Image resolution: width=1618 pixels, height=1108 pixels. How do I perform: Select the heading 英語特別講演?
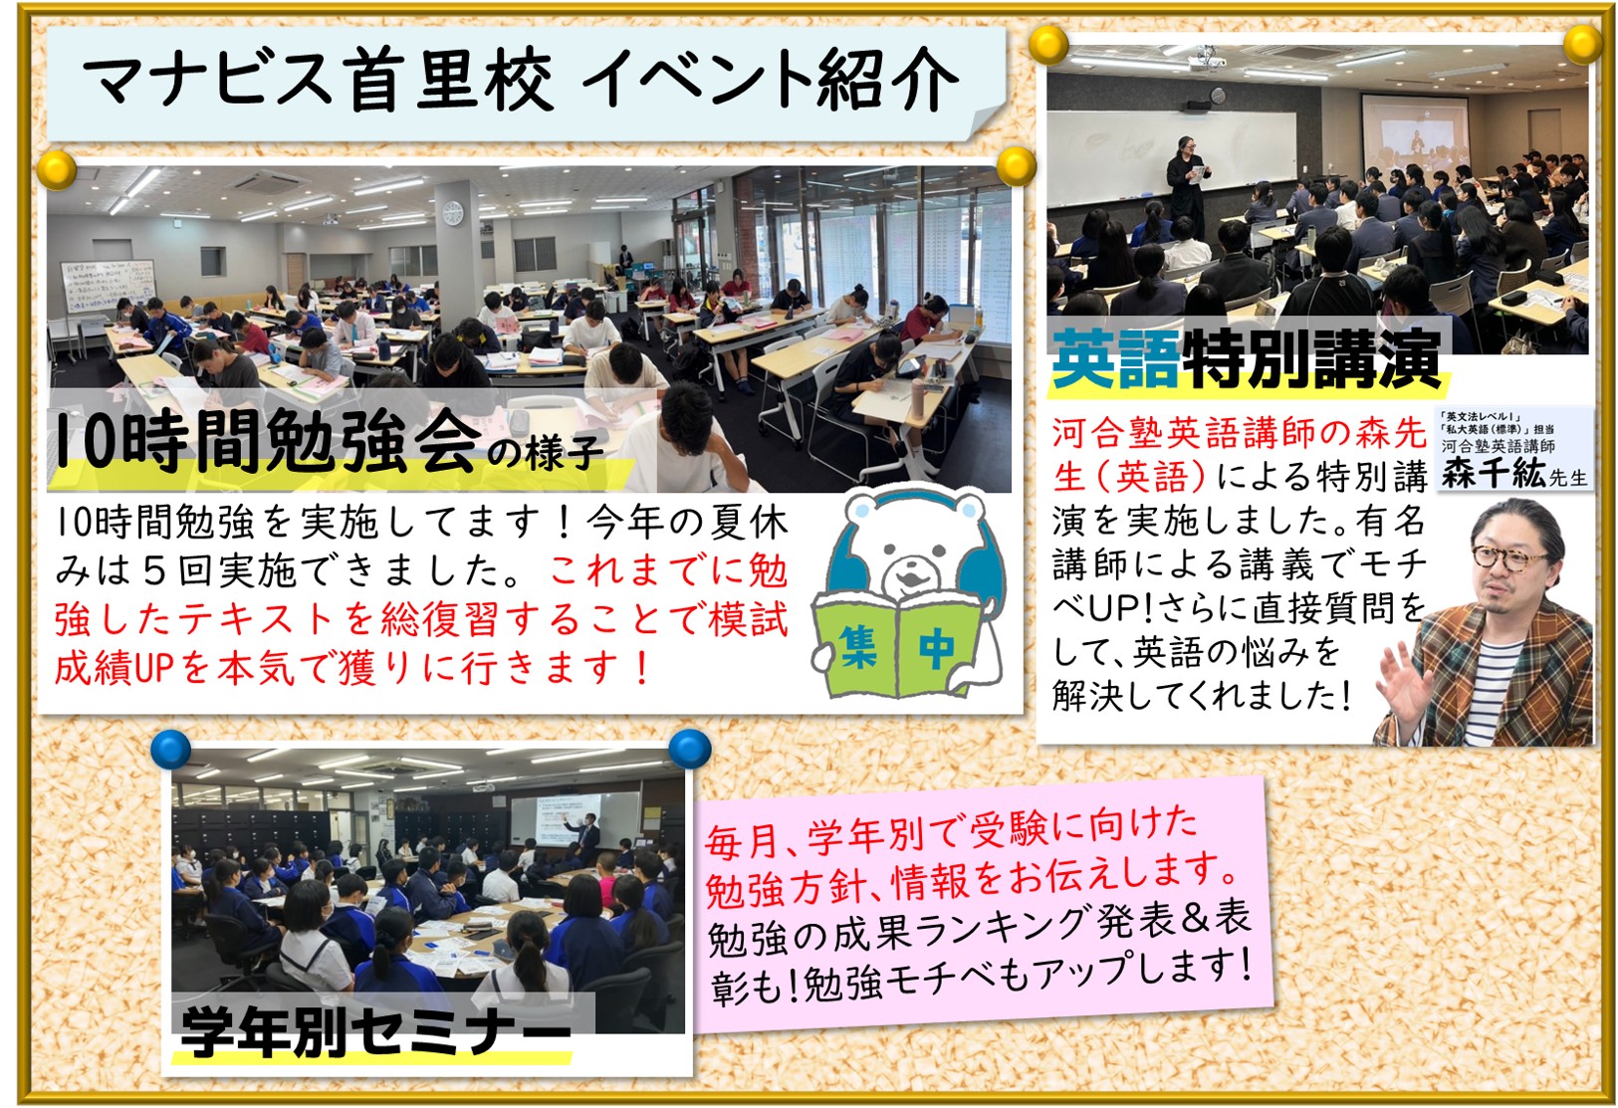(1246, 358)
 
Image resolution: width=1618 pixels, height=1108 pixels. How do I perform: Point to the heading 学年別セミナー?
(375, 1031)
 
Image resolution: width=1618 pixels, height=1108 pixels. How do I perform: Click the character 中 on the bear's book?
(937, 648)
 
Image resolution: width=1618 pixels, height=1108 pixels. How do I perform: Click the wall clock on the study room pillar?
(452, 212)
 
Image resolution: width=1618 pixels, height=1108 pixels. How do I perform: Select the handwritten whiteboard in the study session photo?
(107, 286)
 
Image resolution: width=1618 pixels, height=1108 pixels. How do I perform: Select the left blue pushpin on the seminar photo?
(171, 749)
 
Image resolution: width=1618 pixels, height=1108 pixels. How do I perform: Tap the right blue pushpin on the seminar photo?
(690, 749)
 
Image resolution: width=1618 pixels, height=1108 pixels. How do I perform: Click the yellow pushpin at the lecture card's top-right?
(1582, 44)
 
